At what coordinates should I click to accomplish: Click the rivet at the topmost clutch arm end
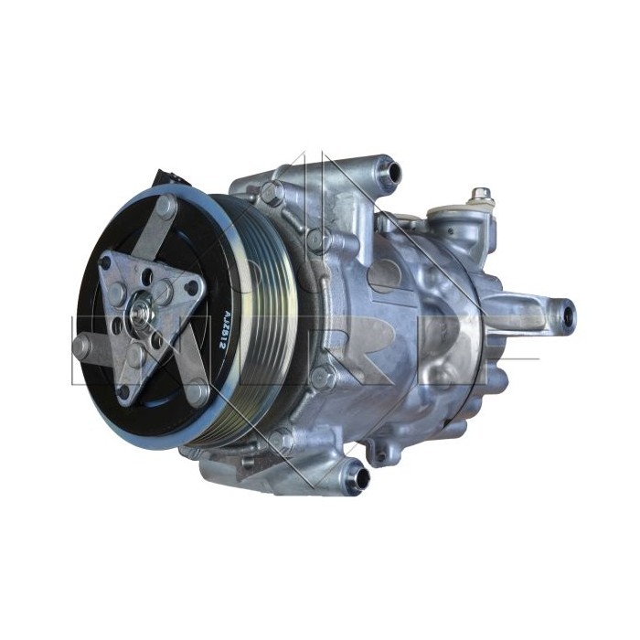(x=166, y=206)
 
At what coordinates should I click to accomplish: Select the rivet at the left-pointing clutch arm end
(x=81, y=346)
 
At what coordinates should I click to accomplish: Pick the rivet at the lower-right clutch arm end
(x=197, y=394)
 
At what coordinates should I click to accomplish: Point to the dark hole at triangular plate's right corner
(x=193, y=289)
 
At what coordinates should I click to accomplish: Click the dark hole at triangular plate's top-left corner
(x=106, y=263)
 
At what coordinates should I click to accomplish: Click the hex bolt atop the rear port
(x=480, y=196)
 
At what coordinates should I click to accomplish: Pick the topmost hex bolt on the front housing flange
(x=271, y=192)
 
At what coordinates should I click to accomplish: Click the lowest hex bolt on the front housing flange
(x=281, y=443)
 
